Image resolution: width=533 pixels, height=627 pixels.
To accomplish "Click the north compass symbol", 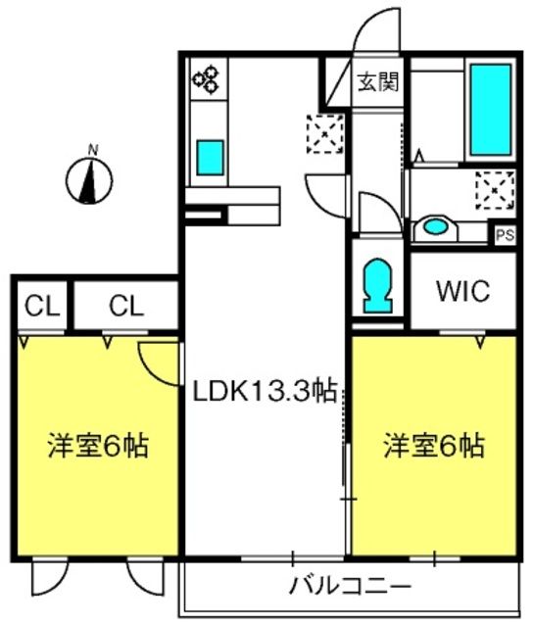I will [90, 179].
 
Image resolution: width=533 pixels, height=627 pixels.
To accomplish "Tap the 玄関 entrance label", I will [376, 82].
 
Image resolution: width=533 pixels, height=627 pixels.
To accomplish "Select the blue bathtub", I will [489, 111].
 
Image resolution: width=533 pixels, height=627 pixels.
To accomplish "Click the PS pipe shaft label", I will [504, 236].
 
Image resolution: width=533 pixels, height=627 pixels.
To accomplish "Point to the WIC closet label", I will [461, 292].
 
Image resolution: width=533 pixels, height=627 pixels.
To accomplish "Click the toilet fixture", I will [377, 285].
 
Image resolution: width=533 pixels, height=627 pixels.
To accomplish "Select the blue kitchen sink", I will [210, 156].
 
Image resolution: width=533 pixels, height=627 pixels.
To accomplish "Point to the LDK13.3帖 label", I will [264, 393].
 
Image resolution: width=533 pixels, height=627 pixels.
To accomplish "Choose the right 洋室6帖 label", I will [432, 447].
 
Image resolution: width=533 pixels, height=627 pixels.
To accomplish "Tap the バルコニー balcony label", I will [349, 589].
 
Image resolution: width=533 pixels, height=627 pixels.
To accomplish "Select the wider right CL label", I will [126, 306].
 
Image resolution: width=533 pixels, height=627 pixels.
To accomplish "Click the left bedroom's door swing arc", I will [157, 360].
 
